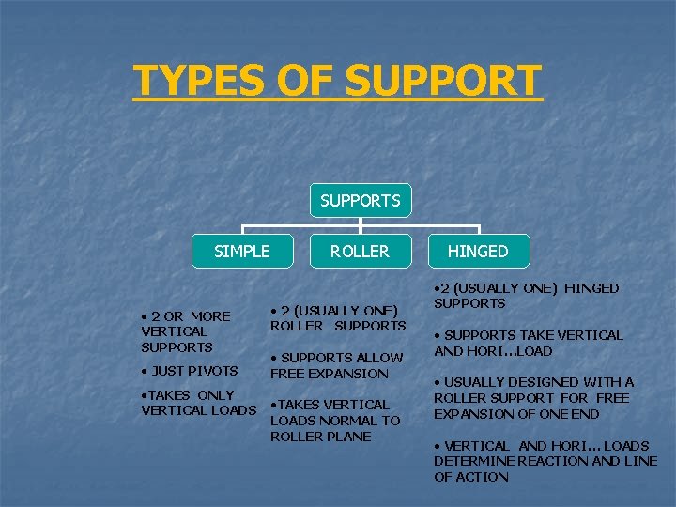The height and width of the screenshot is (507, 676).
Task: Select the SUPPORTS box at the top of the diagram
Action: [361, 200]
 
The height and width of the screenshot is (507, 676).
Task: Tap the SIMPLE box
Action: [242, 251]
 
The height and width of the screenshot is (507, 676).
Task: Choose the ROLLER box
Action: [361, 251]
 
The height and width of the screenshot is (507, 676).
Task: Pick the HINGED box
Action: [478, 251]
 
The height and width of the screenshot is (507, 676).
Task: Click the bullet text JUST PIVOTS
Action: [192, 371]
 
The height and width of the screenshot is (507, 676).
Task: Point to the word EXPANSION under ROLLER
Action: [349, 374]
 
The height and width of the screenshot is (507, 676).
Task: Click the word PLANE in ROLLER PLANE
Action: [347, 437]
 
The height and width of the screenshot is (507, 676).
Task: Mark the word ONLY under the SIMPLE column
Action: [216, 394]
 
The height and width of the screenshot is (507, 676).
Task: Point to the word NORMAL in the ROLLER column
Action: [347, 421]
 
